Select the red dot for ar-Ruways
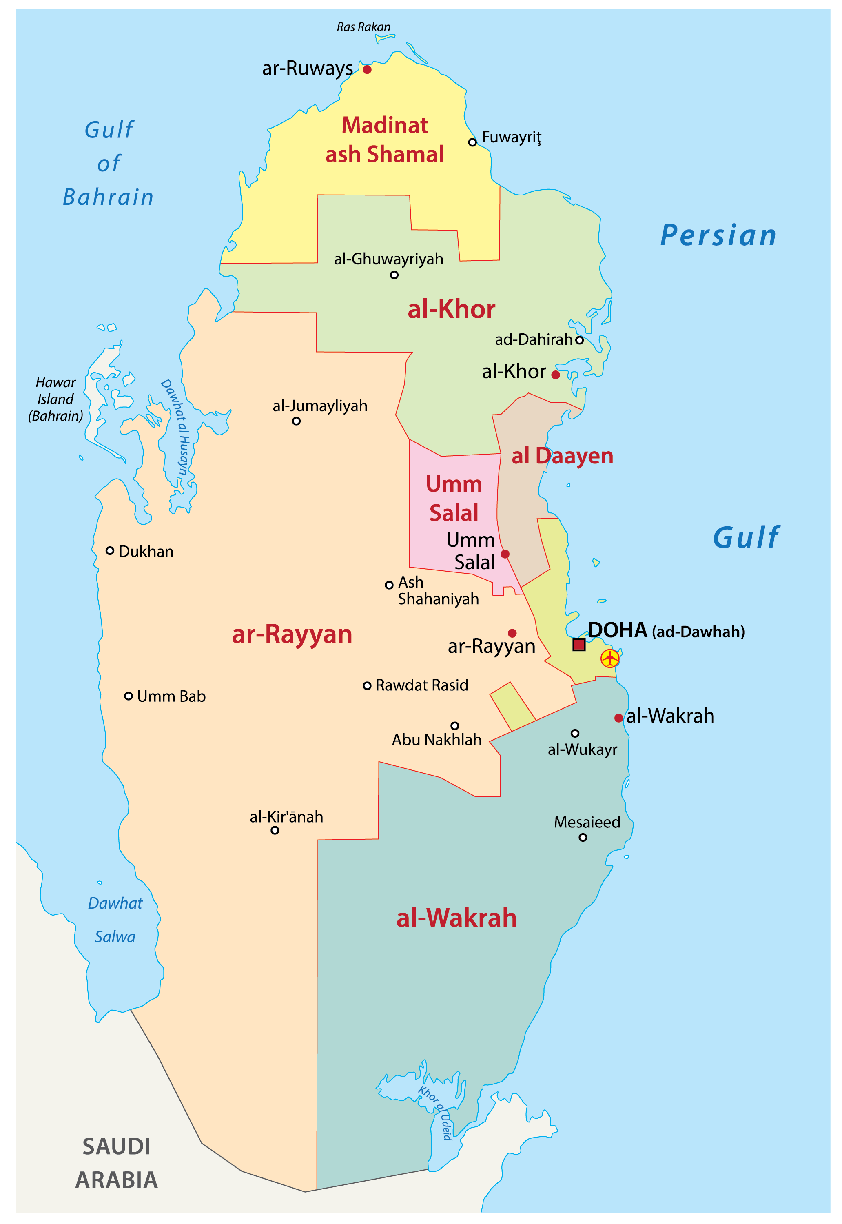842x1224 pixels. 367,70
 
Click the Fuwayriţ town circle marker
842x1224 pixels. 473,142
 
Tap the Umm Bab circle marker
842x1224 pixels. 128,696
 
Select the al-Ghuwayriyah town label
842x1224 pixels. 388,259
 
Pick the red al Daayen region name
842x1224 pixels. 563,456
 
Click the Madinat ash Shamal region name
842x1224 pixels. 385,140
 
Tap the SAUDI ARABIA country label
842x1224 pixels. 117,1163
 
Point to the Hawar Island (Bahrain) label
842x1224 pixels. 55,399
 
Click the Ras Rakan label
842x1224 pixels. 363,27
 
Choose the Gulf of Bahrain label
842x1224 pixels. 109,164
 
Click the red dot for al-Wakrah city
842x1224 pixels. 618,718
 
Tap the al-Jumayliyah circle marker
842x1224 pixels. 297,421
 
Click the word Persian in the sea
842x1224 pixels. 718,235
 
